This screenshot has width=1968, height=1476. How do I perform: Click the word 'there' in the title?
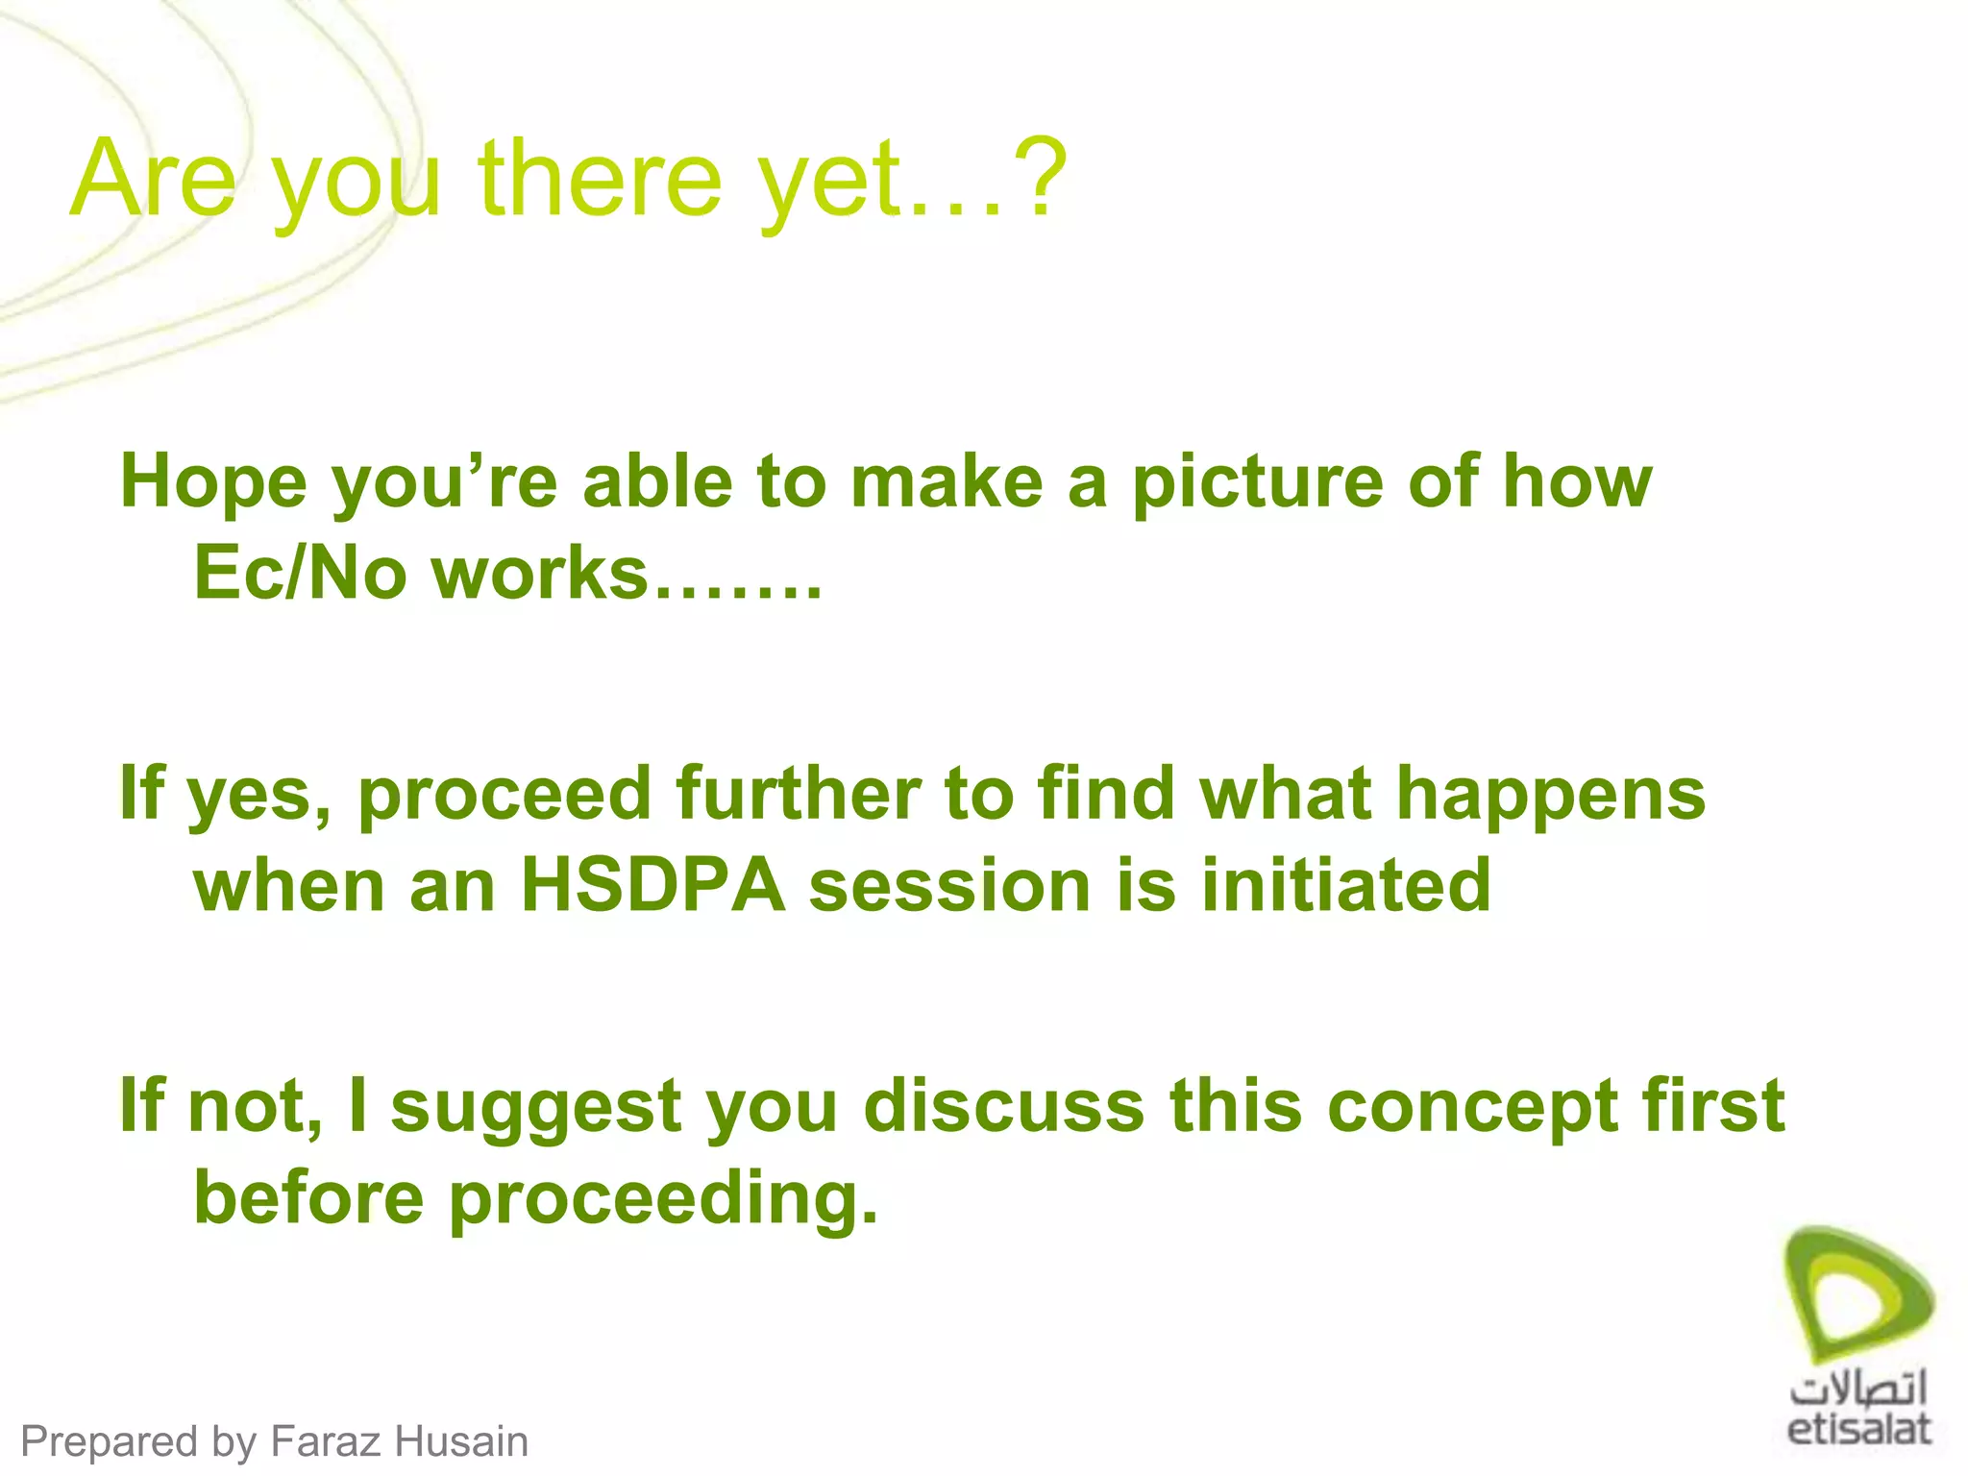600,178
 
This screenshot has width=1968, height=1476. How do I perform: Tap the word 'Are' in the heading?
154,178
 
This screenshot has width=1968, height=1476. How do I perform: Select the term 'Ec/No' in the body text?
301,574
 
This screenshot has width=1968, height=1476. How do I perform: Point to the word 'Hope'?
213,482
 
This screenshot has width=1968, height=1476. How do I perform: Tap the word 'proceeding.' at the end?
663,1198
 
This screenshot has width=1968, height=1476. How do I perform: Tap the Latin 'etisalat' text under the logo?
1858,1428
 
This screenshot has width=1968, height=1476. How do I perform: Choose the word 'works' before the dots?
539,574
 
